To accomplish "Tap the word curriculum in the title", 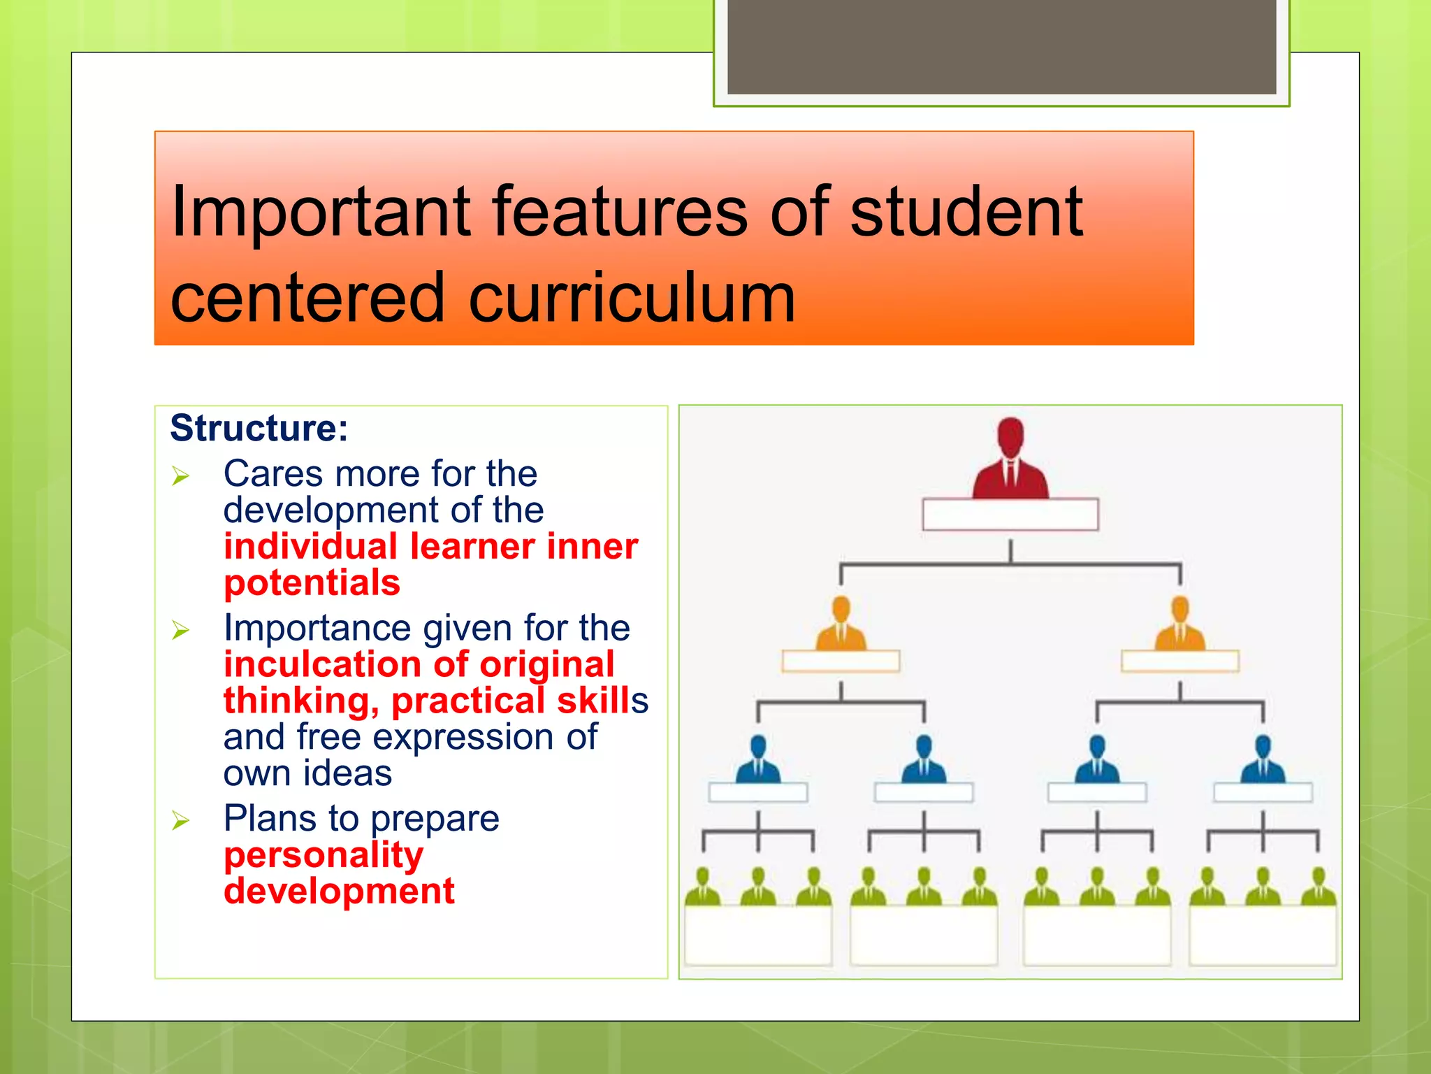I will (x=632, y=299).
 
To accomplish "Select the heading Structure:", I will (x=259, y=428).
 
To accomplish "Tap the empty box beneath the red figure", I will (x=1010, y=515).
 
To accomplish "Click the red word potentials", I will (x=312, y=582).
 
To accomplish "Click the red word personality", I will (x=324, y=854).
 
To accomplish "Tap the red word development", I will (x=339, y=891).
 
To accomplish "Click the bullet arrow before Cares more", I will (x=181, y=477).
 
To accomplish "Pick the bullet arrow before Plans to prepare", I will (x=181, y=820).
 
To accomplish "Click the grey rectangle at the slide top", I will (x=1001, y=46).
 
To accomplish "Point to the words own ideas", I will (x=307, y=773).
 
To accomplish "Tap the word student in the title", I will (x=966, y=211).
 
